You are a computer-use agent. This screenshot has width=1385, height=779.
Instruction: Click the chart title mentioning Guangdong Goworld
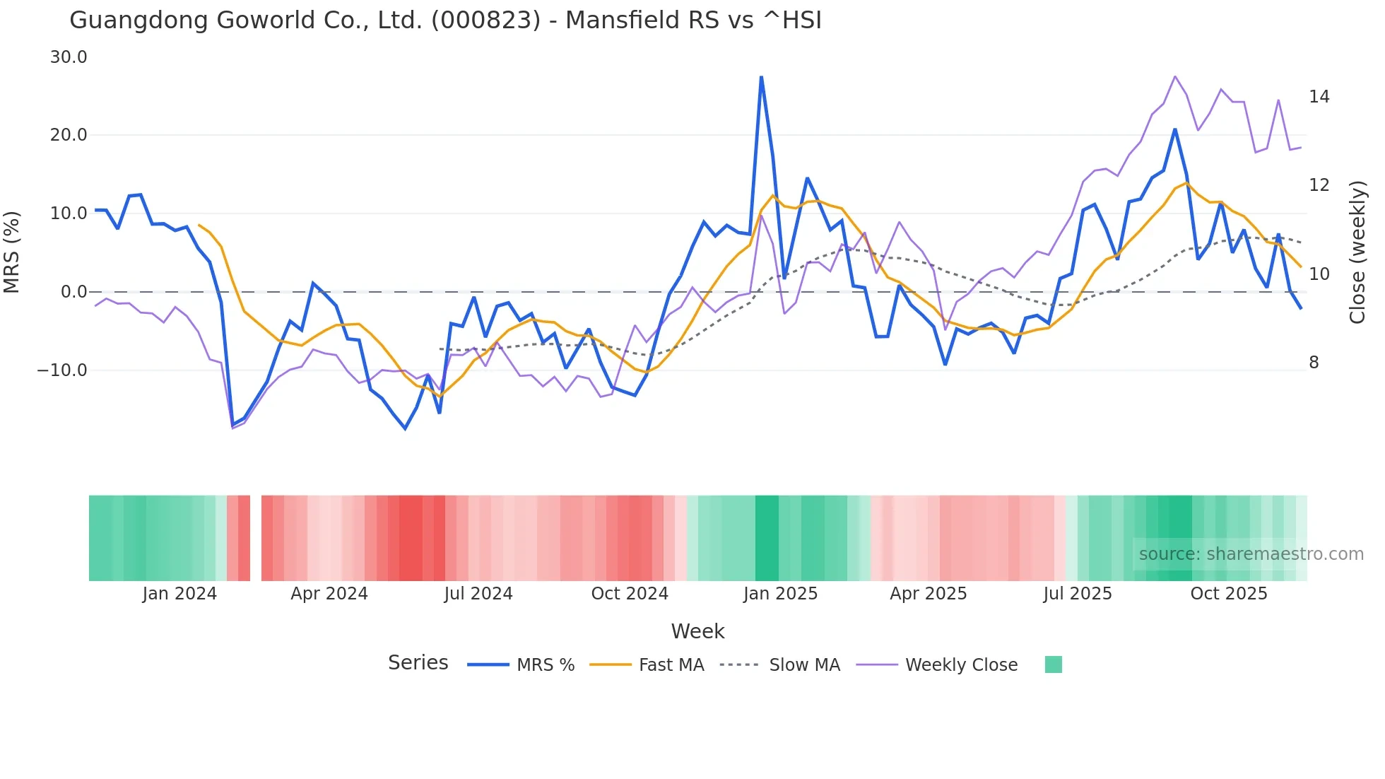point(445,20)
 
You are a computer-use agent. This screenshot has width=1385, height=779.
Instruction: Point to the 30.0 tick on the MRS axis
point(69,57)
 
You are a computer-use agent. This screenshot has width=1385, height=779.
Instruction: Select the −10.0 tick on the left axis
point(62,370)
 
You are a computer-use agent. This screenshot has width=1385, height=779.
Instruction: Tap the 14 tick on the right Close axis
point(1319,97)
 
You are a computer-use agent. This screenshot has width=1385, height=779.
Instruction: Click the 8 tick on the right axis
point(1314,363)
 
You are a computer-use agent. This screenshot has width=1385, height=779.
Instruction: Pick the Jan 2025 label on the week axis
point(780,594)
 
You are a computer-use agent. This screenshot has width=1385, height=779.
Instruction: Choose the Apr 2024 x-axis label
point(329,594)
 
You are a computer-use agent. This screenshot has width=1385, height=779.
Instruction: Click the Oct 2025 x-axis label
point(1229,594)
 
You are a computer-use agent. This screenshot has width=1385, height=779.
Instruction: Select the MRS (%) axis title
point(12,252)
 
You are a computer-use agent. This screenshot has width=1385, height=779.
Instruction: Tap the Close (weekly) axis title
point(1357,252)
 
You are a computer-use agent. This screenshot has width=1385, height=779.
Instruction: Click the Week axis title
point(697,631)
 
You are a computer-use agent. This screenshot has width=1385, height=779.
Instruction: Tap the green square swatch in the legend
point(1053,664)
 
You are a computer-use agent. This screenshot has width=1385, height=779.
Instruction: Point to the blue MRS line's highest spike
point(761,77)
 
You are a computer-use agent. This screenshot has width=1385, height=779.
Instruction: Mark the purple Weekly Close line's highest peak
point(1174,76)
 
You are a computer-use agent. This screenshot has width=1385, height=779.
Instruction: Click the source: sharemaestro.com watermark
point(1251,554)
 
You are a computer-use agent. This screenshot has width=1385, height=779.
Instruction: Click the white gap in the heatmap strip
point(256,538)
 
